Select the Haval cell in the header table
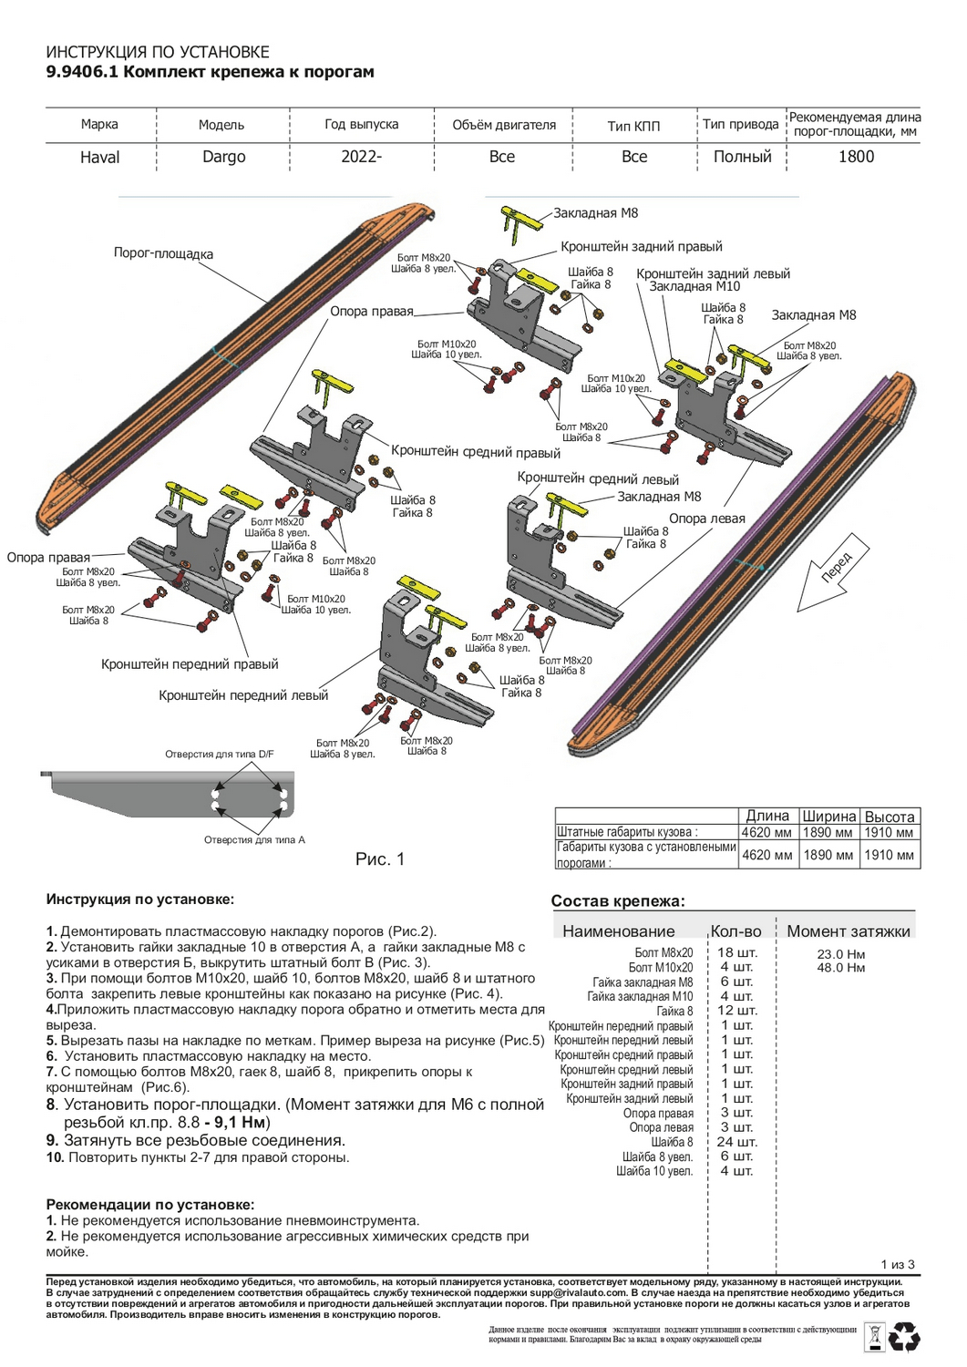[x=100, y=157]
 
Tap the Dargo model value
[x=224, y=157]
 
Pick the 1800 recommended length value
[x=856, y=157]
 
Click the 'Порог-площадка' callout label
[x=163, y=253]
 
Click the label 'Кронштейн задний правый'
[x=641, y=246]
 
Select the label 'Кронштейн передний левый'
[x=243, y=695]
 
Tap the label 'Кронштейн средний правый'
[x=475, y=452]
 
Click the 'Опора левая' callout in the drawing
[x=707, y=519]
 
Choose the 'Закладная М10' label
[x=694, y=286]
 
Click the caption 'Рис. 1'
[x=379, y=858]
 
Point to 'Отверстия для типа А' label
[x=254, y=839]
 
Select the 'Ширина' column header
[x=828, y=817]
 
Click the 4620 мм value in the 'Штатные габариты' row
[x=766, y=832]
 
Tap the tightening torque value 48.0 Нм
[x=840, y=967]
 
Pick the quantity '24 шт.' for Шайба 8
[x=736, y=1142]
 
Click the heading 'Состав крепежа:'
[x=618, y=901]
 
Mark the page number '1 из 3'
[x=897, y=1264]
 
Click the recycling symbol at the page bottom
[x=904, y=1338]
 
